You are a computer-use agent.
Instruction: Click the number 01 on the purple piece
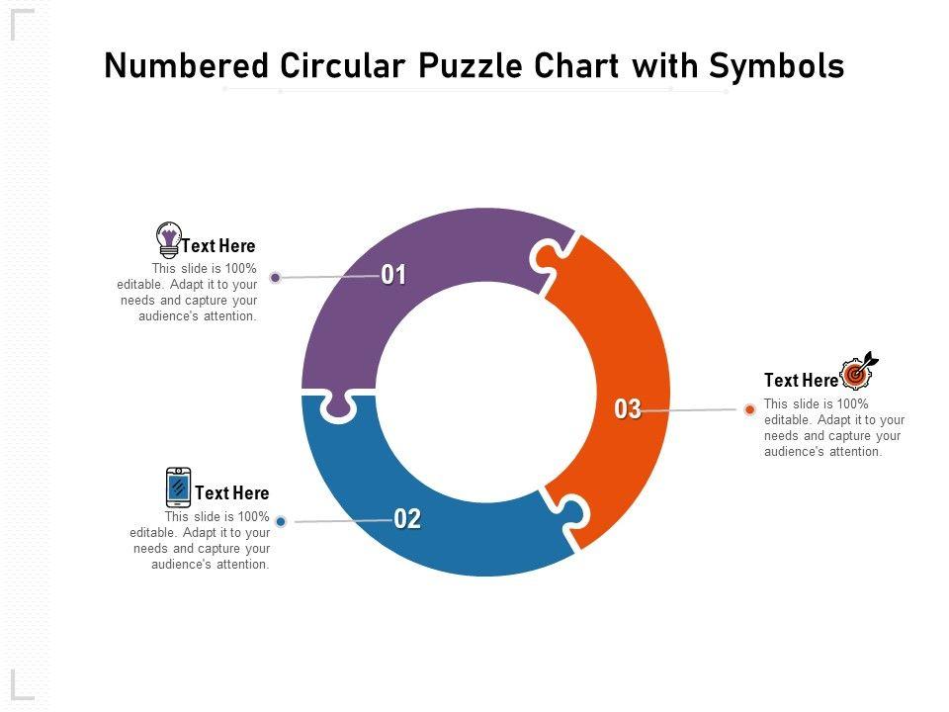393,275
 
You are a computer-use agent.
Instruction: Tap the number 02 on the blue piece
406,519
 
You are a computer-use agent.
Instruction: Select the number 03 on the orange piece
628,409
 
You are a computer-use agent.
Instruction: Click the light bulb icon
168,239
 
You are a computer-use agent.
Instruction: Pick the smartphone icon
178,487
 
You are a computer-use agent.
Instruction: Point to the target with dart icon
858,371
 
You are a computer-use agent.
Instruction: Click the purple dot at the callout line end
276,277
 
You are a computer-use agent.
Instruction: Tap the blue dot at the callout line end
281,521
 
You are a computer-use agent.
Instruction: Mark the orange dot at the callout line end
750,409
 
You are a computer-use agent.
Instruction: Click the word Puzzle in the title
470,65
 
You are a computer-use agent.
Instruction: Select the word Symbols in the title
777,66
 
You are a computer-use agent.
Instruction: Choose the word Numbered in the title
187,65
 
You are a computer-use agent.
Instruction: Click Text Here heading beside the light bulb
218,246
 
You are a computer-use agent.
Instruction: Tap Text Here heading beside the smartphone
231,492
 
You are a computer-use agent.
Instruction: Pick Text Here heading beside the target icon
801,380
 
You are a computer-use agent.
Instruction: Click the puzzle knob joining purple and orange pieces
544,258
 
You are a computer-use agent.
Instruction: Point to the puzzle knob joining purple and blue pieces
338,407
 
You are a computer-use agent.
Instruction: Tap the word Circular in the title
343,65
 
